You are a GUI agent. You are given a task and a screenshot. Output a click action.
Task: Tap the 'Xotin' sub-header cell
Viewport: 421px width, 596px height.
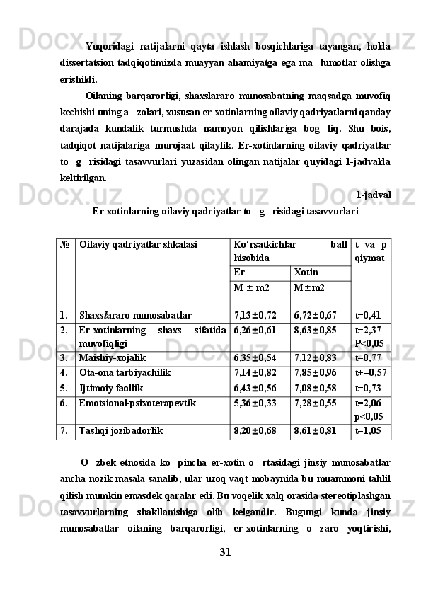306,272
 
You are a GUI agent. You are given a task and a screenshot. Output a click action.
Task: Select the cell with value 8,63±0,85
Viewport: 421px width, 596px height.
316,329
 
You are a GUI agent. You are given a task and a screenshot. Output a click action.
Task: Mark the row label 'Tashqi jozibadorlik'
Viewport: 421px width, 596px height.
120,430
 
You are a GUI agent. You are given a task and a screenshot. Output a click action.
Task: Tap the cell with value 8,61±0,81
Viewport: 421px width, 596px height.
316,430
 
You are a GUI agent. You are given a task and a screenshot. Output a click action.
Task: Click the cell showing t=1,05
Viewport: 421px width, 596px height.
368,430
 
